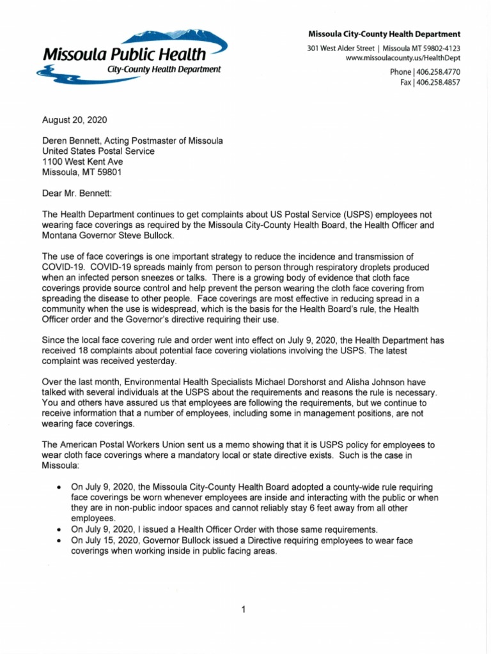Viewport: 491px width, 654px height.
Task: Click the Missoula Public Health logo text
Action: coord(124,54)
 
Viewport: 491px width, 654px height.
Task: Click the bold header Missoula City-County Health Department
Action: coord(384,34)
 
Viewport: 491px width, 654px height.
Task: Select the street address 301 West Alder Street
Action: coord(341,49)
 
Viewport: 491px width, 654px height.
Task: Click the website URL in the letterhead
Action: coord(402,58)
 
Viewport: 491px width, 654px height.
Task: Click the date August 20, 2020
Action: coord(75,120)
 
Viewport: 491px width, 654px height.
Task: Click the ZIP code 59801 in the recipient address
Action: coord(109,172)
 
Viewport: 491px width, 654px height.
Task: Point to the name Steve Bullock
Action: coord(148,235)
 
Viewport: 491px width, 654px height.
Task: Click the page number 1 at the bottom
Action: coord(244,610)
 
